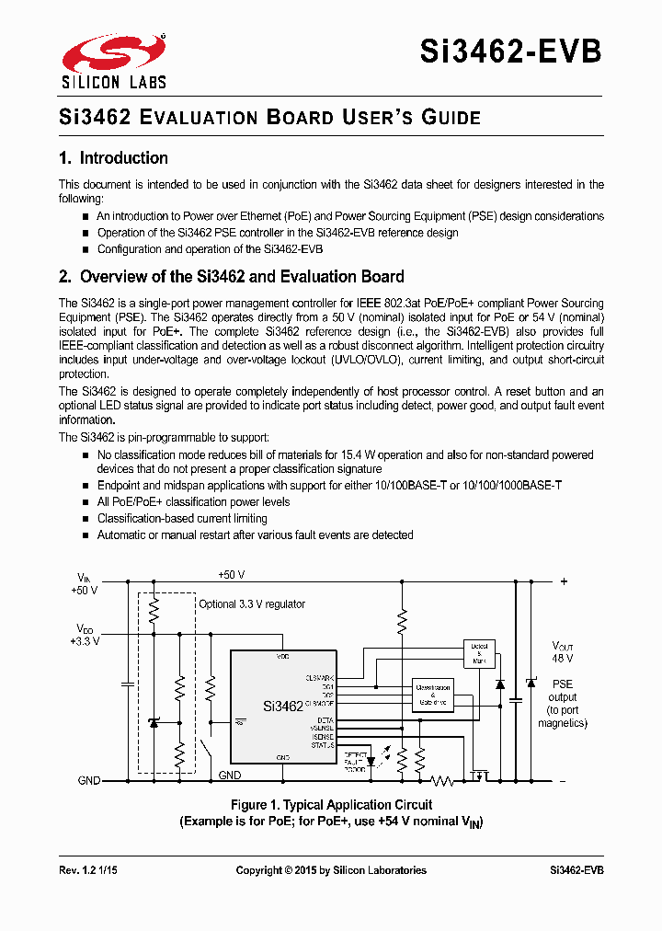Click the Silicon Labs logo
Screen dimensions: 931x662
tap(113, 62)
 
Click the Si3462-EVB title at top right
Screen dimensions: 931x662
tap(511, 51)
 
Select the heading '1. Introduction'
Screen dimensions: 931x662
tap(113, 158)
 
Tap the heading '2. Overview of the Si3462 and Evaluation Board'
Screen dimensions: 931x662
tap(231, 277)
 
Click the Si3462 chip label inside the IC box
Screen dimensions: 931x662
tap(282, 707)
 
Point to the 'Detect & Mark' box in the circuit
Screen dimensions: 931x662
tap(479, 653)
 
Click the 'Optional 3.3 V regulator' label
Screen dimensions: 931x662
tap(252, 604)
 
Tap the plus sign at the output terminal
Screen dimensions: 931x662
tap(564, 581)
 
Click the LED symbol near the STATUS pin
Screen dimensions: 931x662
tap(371, 761)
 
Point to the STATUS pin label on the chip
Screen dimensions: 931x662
tap(322, 745)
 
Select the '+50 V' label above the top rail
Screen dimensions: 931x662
tap(231, 575)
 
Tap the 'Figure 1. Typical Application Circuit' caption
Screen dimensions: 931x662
tap(331, 805)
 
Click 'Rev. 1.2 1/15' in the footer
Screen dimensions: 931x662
tap(90, 870)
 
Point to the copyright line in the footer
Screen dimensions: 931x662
tap(331, 870)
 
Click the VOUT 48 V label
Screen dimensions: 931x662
tap(562, 652)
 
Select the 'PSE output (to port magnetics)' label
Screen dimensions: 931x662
tap(563, 703)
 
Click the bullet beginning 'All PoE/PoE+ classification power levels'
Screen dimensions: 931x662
tap(193, 502)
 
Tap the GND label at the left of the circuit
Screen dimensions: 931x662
tap(89, 780)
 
